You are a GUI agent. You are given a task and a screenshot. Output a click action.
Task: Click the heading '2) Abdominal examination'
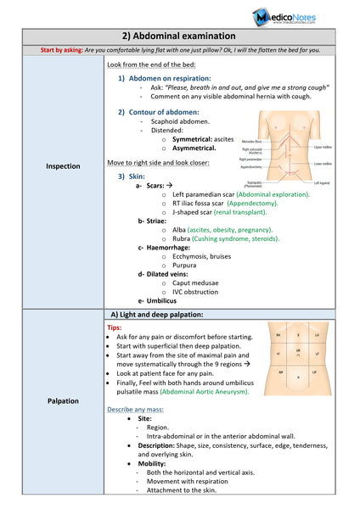pyautogui.click(x=179, y=36)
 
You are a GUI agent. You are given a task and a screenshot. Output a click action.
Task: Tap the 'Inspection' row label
pyautogui.click(x=64, y=166)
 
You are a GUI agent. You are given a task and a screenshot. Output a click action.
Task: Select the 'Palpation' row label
pyautogui.click(x=64, y=400)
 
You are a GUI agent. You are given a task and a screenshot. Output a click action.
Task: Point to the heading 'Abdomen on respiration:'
pyautogui.click(x=169, y=78)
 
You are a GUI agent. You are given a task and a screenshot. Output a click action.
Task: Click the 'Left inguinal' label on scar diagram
pyautogui.click(x=323, y=182)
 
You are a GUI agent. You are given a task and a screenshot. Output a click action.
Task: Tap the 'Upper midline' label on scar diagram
pyautogui.click(x=323, y=147)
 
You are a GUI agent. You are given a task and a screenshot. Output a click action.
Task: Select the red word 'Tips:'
pyautogui.click(x=115, y=327)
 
